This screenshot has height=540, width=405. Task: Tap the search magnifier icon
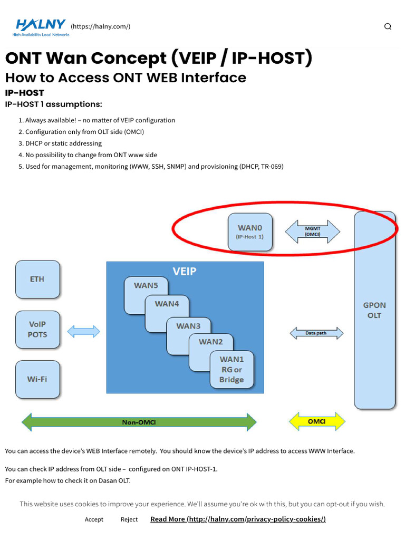pyautogui.click(x=388, y=27)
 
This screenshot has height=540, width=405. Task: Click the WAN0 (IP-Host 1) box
pyautogui.click(x=250, y=233)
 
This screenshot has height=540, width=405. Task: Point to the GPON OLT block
pyautogui.click(x=374, y=310)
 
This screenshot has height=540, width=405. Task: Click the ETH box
pyautogui.click(x=37, y=279)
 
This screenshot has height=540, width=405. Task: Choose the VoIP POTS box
pyautogui.click(x=37, y=330)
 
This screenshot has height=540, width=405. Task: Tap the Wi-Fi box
pyautogui.click(x=37, y=379)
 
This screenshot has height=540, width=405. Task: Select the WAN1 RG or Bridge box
pyautogui.click(x=232, y=370)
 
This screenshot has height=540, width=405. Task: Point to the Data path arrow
pyautogui.click(x=316, y=333)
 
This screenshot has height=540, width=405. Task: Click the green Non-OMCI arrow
pyautogui.click(x=139, y=422)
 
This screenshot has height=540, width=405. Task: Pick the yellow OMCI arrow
pyautogui.click(x=317, y=421)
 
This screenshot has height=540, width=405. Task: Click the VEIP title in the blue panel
pyautogui.click(x=185, y=272)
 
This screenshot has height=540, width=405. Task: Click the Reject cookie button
pyautogui.click(x=129, y=519)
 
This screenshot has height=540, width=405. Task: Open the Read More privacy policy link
pyautogui.click(x=238, y=519)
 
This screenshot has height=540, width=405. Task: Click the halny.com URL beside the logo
pyautogui.click(x=100, y=26)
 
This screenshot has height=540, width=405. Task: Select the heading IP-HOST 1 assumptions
pyautogui.click(x=53, y=104)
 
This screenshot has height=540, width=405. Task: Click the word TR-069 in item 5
pyautogui.click(x=272, y=167)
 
